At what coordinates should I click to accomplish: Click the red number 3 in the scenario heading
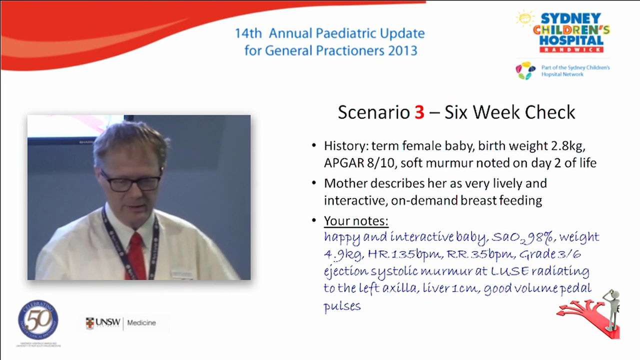[x=419, y=112]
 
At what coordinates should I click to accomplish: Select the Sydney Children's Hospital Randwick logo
[x=563, y=32]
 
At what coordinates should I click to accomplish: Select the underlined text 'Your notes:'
[x=356, y=220]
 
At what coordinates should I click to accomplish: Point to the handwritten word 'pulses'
[x=342, y=305]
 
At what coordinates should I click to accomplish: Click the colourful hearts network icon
[x=525, y=70]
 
